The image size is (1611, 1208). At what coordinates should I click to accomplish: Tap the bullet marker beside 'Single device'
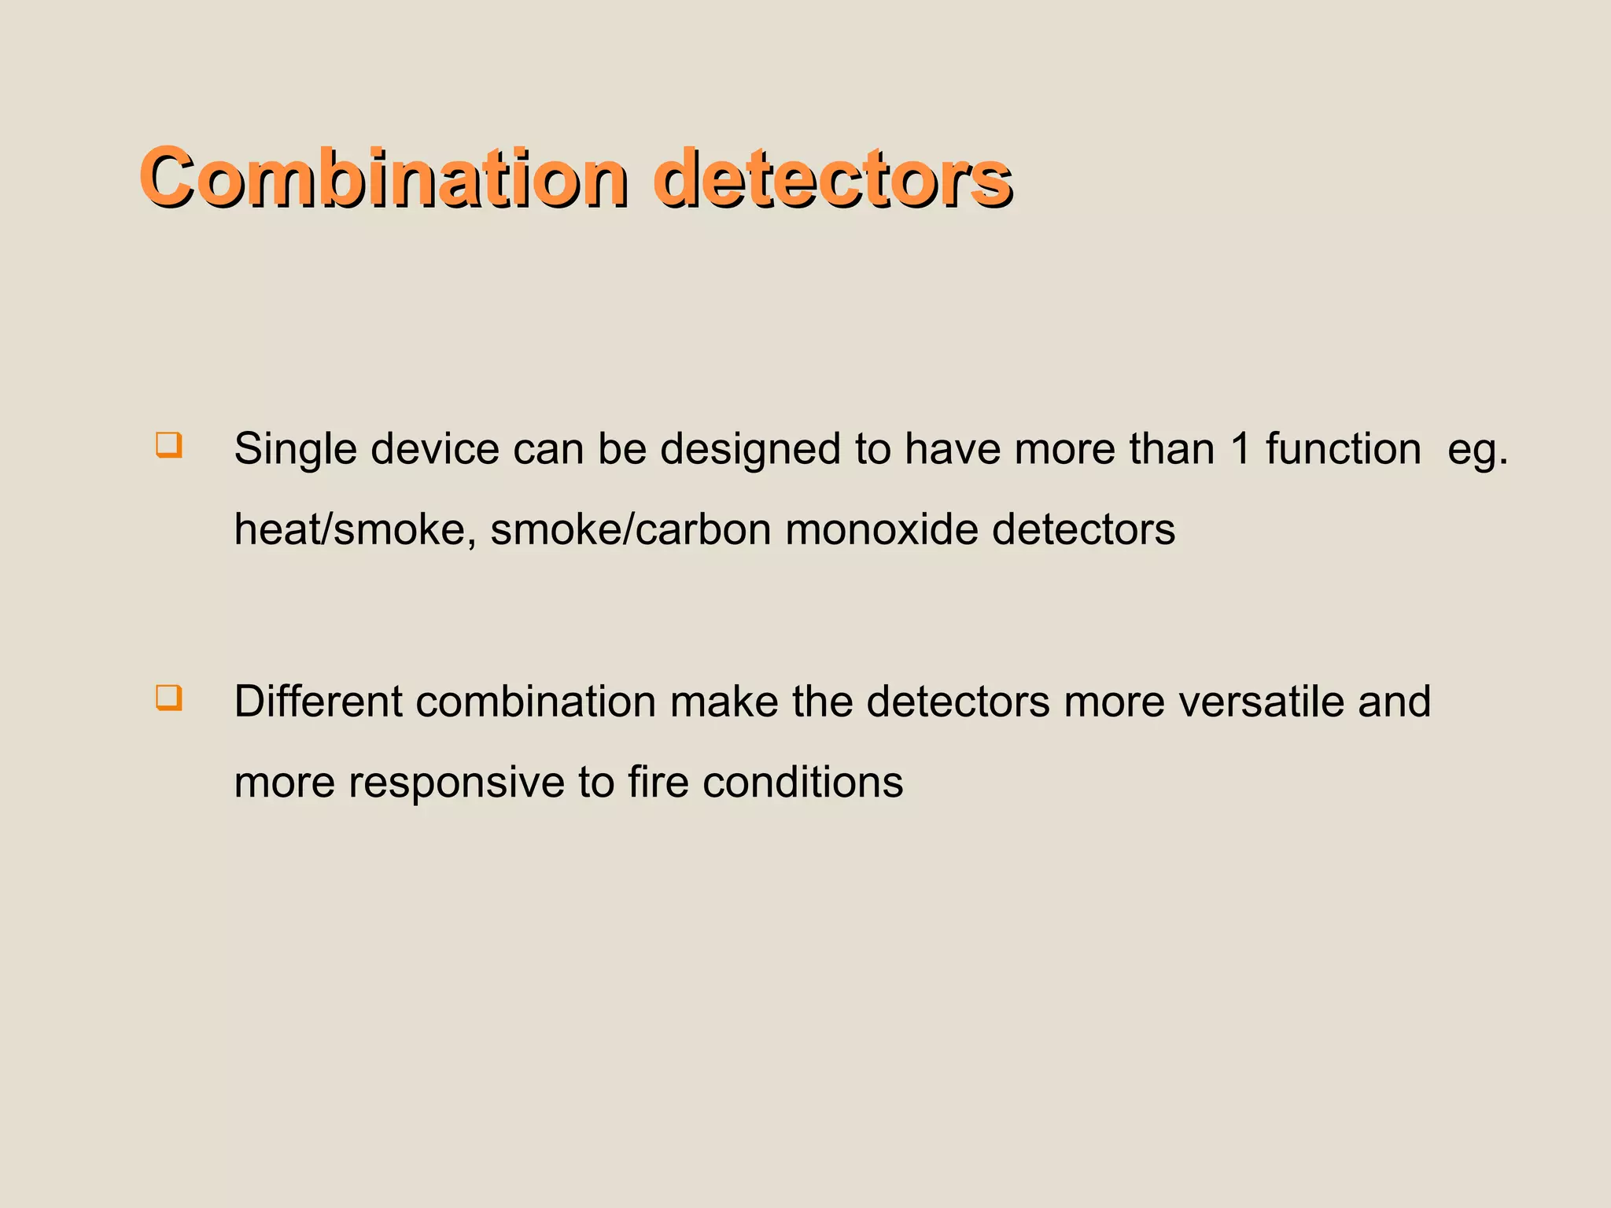169,445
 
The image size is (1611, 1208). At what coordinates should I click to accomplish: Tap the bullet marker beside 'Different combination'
169,698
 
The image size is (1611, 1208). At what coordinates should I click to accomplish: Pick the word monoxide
881,529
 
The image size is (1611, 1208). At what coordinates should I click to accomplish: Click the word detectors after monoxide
1083,529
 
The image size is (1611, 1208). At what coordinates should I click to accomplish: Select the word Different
318,702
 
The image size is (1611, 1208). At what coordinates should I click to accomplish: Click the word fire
658,782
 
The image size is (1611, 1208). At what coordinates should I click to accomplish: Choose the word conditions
802,782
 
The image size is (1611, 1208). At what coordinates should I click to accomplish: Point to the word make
724,702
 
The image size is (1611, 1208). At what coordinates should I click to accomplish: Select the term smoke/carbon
630,529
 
